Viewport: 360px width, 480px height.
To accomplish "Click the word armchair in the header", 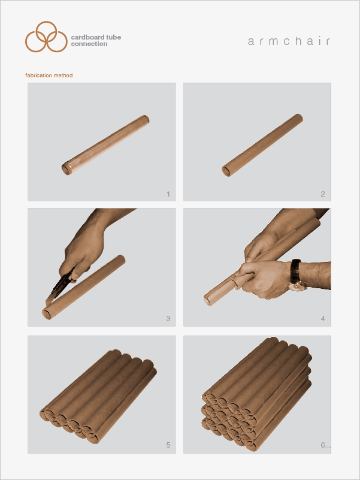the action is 289,41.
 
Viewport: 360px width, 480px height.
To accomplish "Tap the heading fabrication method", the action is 49,76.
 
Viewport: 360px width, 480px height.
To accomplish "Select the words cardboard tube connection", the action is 96,40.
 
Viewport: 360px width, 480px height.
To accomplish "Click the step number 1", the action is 168,194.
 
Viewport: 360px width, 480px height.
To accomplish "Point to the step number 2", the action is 323,194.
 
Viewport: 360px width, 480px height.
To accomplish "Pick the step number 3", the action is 168,319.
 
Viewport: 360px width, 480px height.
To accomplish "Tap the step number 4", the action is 323,319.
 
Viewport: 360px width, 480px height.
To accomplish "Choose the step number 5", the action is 168,445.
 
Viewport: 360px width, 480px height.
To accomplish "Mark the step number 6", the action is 324,445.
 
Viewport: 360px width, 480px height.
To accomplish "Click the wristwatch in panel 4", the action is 297,276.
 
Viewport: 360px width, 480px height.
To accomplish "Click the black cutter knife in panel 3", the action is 63,283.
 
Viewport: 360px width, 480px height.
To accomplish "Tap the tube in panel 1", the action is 105,145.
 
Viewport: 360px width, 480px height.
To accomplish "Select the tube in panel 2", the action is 262,146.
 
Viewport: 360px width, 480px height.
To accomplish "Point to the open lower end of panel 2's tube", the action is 226,172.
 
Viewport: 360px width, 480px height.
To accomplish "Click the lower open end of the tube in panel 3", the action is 47,314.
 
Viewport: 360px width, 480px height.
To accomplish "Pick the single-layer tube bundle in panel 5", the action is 98,397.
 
